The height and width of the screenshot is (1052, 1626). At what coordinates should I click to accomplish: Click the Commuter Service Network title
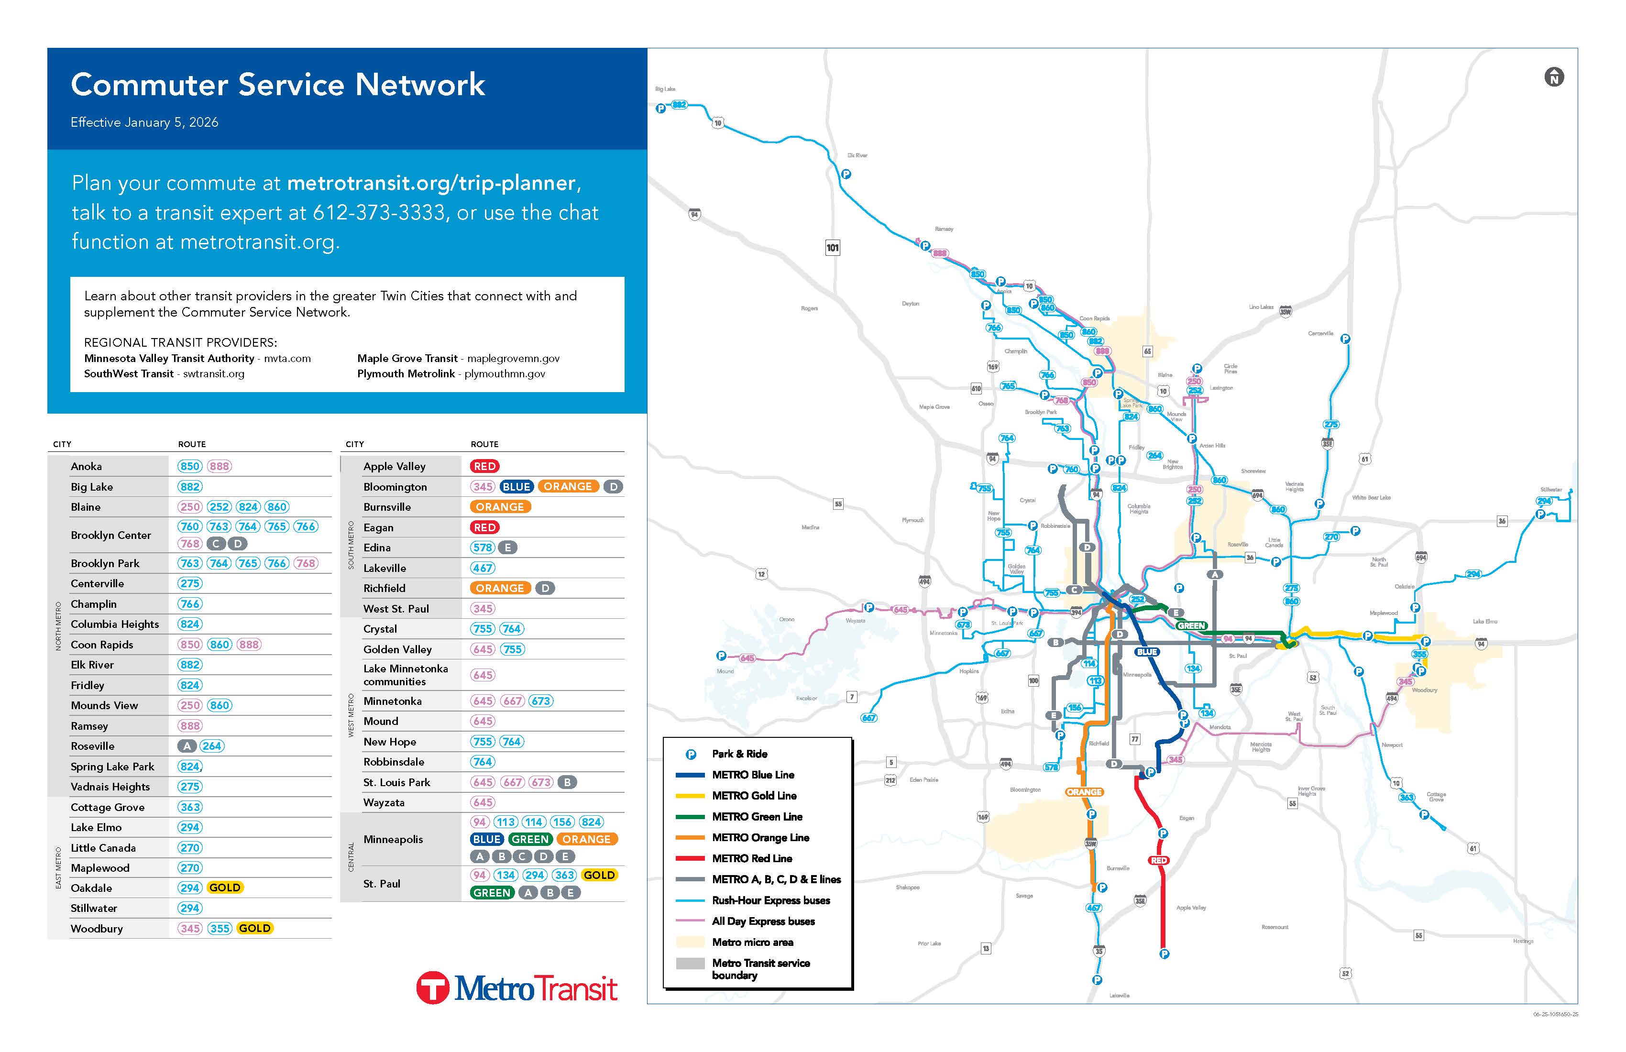277,85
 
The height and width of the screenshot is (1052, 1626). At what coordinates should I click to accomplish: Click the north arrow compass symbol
1554,77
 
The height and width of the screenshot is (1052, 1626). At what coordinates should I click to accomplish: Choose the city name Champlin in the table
94,604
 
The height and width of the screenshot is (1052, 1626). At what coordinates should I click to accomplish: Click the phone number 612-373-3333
379,212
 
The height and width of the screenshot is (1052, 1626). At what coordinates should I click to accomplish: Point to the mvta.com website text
287,359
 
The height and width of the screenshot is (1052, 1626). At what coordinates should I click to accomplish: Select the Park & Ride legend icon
691,754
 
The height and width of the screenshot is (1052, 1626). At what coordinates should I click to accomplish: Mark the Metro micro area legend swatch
690,942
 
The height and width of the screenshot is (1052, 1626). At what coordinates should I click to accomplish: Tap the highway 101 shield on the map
832,248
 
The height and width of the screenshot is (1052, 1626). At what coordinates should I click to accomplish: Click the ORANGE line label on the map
1084,792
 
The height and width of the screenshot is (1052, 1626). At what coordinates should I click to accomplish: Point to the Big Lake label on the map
665,89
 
